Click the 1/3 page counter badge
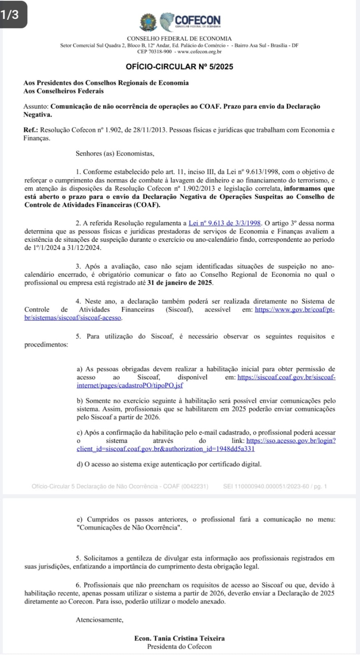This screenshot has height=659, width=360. [10, 14]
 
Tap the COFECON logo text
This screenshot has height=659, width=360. [198, 19]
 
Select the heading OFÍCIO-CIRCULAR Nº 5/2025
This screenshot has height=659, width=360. [179, 67]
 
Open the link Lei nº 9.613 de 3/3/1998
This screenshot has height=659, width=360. [225, 223]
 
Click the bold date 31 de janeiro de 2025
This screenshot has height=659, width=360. [180, 283]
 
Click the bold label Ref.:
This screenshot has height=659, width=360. [31, 130]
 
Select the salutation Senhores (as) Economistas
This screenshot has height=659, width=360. [115, 154]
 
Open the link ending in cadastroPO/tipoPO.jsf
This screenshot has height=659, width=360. [130, 386]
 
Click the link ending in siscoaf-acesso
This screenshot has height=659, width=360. [73, 318]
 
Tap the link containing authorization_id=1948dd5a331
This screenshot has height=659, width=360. [166, 449]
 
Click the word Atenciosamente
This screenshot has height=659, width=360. [100, 620]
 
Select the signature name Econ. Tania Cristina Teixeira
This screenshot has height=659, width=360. [180, 638]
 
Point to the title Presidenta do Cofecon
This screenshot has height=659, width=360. [180, 647]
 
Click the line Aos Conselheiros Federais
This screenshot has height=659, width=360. [63, 91]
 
